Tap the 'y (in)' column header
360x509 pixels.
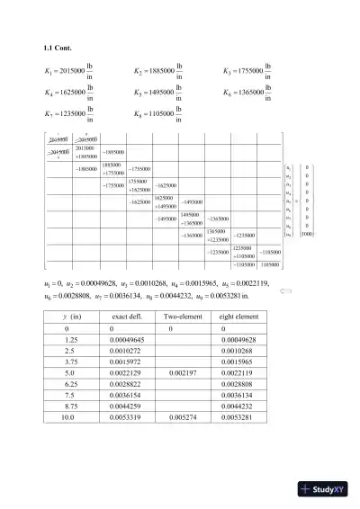(68, 317)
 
